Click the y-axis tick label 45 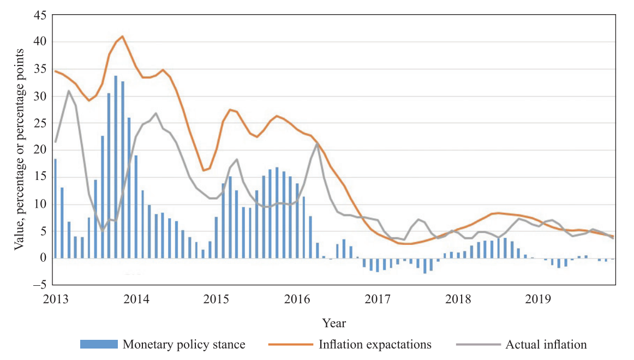[40, 15]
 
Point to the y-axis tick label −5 [39, 284]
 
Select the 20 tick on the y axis [40, 150]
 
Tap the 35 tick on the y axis [40, 69]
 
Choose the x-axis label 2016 [297, 299]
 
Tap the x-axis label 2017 [378, 299]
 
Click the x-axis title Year [333, 323]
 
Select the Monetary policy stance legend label [184, 344]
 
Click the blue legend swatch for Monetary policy [99, 344]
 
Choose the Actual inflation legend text [546, 344]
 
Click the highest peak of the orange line [122, 36]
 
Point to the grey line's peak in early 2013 [69, 91]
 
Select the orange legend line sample [291, 344]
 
